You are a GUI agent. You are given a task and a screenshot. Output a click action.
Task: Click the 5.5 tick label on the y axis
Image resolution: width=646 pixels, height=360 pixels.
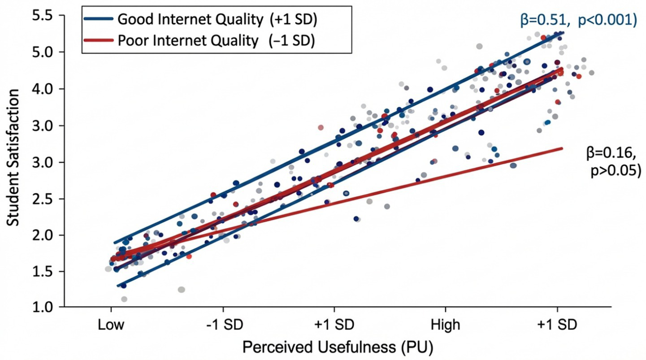(x=41, y=16)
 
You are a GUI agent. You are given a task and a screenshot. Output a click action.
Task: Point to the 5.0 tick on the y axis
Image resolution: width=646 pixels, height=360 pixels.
(x=41, y=52)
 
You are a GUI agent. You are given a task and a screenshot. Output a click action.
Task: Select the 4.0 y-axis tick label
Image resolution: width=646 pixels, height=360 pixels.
(x=41, y=89)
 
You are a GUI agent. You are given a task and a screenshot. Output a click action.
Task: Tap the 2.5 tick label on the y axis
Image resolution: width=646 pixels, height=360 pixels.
(x=41, y=199)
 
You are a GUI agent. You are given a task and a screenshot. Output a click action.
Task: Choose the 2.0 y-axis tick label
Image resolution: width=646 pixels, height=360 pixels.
(x=41, y=235)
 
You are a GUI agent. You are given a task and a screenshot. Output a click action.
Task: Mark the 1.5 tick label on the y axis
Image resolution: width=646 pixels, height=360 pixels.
(x=41, y=272)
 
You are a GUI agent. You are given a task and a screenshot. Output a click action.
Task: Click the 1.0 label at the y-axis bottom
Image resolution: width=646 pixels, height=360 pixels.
(x=41, y=308)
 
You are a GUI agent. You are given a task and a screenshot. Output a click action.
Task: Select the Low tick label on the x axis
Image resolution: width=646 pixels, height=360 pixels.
(x=111, y=325)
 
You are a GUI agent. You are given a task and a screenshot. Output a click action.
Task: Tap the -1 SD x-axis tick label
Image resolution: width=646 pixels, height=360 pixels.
(x=223, y=325)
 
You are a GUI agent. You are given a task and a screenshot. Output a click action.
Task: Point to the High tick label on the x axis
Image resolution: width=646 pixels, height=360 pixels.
(x=445, y=325)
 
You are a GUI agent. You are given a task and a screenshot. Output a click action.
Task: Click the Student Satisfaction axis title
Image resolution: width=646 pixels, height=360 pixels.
(x=13, y=157)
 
